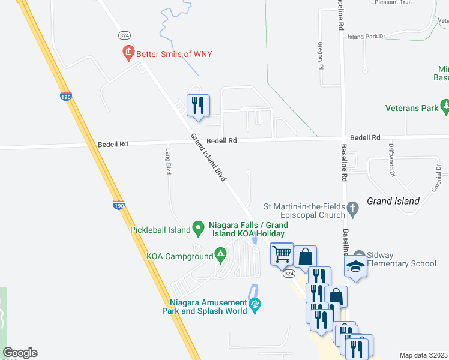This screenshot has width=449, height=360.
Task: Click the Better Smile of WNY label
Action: click(x=174, y=54)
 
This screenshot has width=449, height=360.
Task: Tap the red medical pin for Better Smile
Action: click(x=128, y=54)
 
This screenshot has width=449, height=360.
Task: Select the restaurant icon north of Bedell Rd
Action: click(x=198, y=106)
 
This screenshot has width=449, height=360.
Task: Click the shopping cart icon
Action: click(x=282, y=254)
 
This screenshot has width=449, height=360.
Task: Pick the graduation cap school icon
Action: click(x=355, y=266)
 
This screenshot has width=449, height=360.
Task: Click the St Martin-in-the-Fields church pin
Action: click(x=353, y=209)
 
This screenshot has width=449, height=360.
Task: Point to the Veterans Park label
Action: click(x=412, y=109)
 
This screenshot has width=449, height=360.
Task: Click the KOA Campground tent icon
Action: click(x=220, y=256)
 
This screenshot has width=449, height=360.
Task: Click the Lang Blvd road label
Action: click(x=168, y=161)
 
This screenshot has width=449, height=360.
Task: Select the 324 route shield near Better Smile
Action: click(x=125, y=35)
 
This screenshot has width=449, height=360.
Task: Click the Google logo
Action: click(x=20, y=353)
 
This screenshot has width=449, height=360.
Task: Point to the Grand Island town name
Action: click(x=393, y=201)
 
